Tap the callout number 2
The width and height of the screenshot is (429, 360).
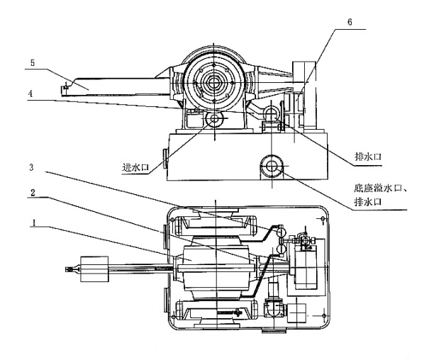(33, 192)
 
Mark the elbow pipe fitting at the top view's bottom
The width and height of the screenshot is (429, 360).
(273, 308)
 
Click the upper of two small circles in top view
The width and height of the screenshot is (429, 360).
(282, 232)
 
